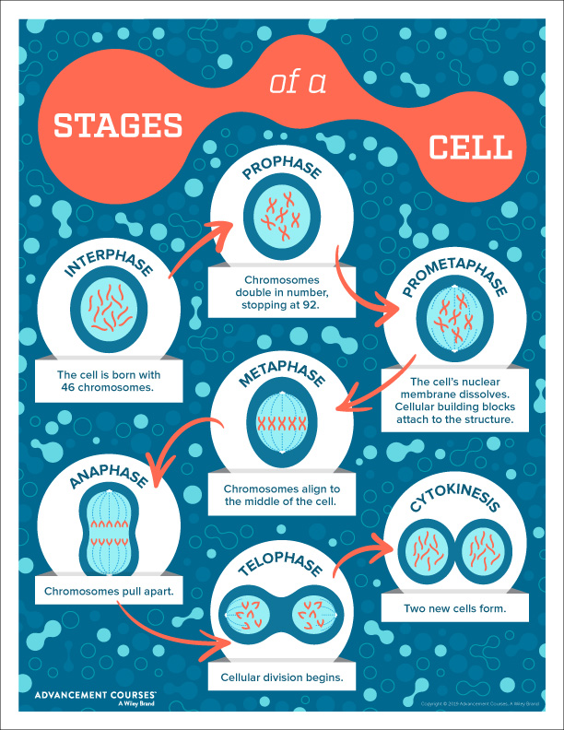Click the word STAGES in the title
118,125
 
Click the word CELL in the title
470,147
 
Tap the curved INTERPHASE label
109,262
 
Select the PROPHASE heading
282,167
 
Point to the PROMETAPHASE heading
454,277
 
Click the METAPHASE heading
282,372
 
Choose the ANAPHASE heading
109,476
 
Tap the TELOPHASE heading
280,562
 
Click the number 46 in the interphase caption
68,387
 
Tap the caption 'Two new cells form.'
455,608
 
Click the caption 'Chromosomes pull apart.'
109,591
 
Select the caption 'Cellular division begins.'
282,677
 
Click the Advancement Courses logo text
96,698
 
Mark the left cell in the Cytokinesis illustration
426,552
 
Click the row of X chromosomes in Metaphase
282,424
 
